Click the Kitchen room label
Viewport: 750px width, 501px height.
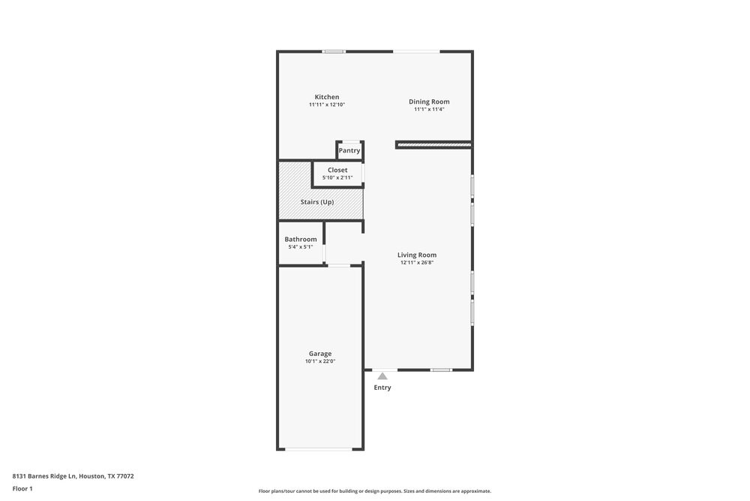pos(326,97)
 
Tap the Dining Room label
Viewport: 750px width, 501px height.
pos(429,101)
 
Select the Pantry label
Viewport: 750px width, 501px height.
pos(349,150)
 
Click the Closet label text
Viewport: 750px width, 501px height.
pos(337,170)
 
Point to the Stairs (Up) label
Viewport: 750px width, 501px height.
pos(317,202)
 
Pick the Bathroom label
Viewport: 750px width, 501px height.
pos(300,239)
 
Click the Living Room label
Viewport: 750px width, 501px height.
pos(417,255)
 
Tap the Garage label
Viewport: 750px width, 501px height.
pos(320,353)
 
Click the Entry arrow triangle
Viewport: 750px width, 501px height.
pos(382,376)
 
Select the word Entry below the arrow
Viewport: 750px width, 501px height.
pos(382,388)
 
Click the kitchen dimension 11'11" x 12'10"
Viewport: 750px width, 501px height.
pos(326,105)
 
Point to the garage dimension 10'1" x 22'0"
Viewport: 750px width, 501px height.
pos(320,361)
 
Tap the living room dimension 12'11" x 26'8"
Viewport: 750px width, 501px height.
pos(417,263)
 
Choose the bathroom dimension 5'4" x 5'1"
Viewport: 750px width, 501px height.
pos(300,246)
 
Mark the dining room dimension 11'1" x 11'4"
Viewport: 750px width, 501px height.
pos(429,110)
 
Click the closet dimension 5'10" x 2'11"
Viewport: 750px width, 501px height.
pos(337,178)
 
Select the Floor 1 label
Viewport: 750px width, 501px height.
pos(22,488)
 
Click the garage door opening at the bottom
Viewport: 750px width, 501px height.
pos(320,449)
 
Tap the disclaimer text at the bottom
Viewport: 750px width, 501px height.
pos(375,491)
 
